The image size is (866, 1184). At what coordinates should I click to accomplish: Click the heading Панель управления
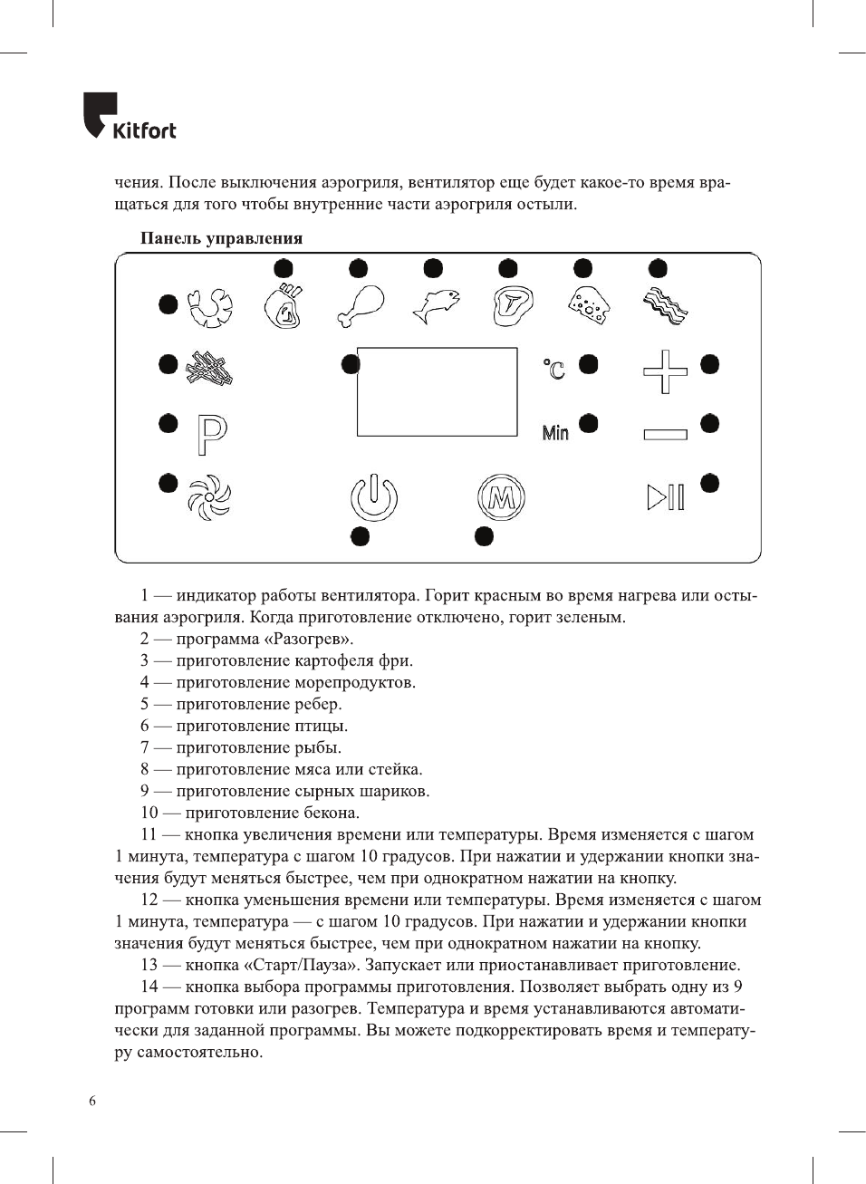click(221, 238)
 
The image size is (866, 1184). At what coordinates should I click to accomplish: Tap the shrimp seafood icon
click(210, 308)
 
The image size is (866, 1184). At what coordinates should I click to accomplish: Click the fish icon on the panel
click(436, 306)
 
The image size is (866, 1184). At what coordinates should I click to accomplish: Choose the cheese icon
click(589, 306)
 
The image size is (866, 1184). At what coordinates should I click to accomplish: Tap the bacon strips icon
click(665, 306)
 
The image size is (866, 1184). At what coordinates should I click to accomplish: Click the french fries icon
click(210, 368)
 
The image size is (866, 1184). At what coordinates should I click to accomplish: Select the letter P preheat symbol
click(212, 435)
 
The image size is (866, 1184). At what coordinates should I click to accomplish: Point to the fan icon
click(209, 497)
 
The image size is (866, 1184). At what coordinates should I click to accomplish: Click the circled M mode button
click(501, 497)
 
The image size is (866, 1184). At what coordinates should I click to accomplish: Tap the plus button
click(665, 371)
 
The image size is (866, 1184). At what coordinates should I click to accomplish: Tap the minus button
click(665, 435)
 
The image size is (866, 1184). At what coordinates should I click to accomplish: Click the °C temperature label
click(554, 369)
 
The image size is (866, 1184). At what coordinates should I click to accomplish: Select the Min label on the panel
click(555, 433)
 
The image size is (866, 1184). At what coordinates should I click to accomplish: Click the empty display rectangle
click(437, 391)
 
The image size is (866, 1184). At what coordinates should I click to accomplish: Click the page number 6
click(92, 1101)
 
